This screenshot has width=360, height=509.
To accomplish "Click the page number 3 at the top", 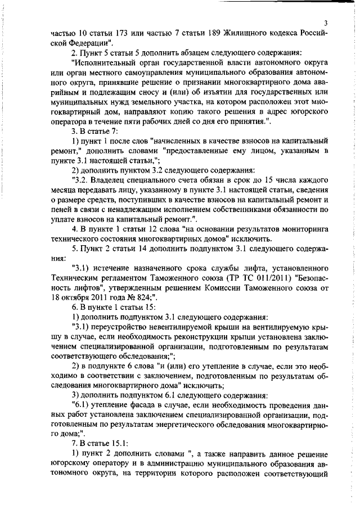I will click(x=326, y=22).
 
